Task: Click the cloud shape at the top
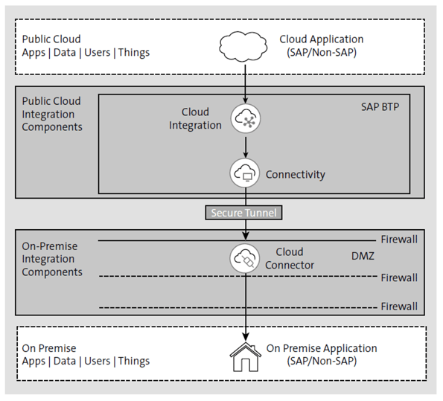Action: (x=245, y=46)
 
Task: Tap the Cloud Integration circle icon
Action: (x=245, y=118)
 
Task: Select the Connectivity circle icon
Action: (x=245, y=173)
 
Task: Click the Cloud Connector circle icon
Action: (x=245, y=258)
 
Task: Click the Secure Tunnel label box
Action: (x=244, y=213)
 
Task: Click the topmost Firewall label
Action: (x=399, y=240)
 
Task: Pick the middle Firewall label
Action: (x=399, y=278)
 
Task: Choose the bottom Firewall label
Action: (x=399, y=306)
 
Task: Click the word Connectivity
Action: (x=296, y=174)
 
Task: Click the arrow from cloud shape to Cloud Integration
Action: (x=245, y=83)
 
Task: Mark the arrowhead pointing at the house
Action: (x=245, y=335)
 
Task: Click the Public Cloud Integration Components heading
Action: (x=52, y=114)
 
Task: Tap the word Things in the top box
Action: (x=133, y=52)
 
